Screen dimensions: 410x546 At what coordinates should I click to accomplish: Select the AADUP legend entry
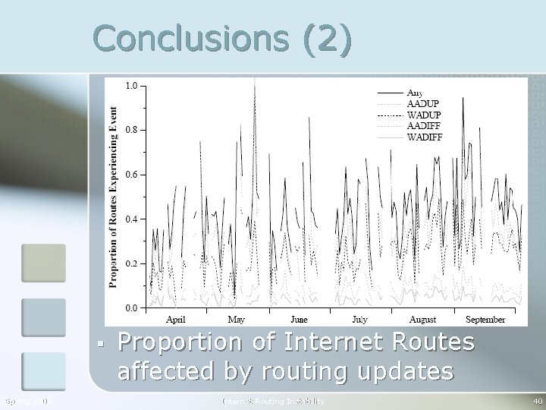(422, 103)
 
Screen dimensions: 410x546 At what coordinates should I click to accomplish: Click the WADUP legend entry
(423, 115)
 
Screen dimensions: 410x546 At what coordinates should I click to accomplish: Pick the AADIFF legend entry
(424, 126)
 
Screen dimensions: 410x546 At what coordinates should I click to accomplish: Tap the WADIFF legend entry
(425, 137)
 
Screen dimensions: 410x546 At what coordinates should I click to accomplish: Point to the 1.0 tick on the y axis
(131, 86)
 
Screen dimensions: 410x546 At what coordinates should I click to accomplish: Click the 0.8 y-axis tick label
(131, 130)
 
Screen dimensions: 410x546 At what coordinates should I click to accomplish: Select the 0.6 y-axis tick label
(131, 175)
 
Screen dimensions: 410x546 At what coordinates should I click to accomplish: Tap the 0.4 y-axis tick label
(131, 219)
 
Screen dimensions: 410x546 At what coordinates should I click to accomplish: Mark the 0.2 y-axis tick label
(131, 263)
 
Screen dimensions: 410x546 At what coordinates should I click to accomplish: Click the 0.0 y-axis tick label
(131, 308)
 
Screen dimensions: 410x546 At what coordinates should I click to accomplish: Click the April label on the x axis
(175, 320)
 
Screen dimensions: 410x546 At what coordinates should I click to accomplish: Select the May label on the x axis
(237, 320)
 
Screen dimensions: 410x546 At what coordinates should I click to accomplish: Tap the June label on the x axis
(299, 320)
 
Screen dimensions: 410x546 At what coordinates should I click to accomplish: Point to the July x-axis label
(359, 320)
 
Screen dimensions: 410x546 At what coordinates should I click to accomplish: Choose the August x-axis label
(422, 320)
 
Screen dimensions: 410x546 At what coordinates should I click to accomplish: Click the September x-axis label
(485, 320)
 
